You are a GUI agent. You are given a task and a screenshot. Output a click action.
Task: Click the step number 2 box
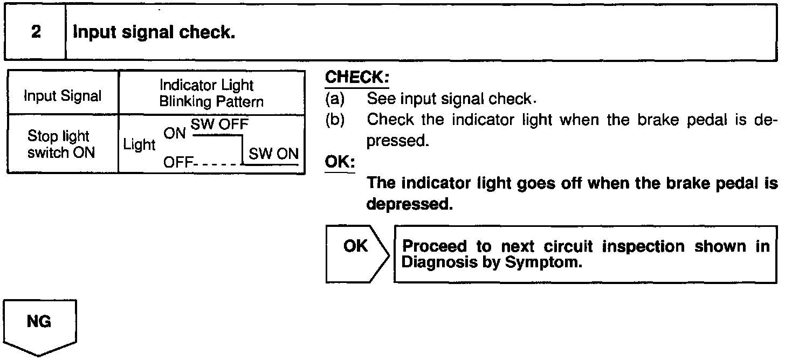pos(36,32)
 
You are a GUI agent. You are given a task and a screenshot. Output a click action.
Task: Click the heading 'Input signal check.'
pos(154,33)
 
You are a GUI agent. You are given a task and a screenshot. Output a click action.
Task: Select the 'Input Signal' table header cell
pos(63,96)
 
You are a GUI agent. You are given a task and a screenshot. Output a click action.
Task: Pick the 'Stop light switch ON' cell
pos(63,144)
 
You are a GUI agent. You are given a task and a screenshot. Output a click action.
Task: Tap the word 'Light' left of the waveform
pos(139,145)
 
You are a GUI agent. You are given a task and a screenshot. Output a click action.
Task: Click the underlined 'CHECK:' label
pos(356,78)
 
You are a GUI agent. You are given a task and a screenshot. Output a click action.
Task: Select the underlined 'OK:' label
pos(340,162)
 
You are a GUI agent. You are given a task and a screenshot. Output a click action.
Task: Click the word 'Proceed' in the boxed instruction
pos(435,246)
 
